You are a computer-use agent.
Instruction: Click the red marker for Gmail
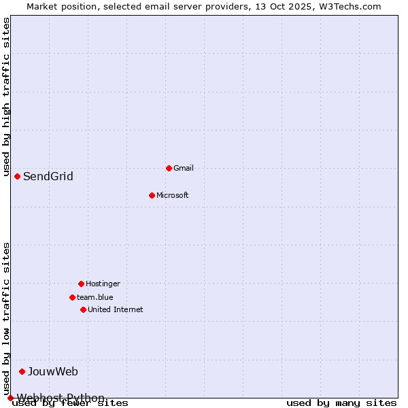coord(169,168)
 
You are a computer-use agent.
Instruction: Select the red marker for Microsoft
coord(152,195)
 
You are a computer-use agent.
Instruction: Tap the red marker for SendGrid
coord(17,176)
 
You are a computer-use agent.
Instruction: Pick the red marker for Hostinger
coord(81,284)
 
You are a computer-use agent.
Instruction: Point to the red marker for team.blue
coord(72,297)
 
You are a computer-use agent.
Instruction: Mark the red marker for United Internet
coord(83,309)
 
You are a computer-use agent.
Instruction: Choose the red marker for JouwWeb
coord(22,371)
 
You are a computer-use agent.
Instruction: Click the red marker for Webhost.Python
coord(10,398)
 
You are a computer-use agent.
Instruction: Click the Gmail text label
coord(184,168)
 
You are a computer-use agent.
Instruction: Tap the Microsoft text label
coord(172,195)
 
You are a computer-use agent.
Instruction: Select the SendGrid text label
coord(48,177)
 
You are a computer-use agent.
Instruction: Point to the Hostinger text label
coord(103,284)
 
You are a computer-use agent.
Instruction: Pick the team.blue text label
coord(95,297)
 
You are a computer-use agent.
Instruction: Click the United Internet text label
coord(116,309)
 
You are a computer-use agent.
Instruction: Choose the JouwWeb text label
coord(53,371)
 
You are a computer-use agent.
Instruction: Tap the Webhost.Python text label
coord(61,398)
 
